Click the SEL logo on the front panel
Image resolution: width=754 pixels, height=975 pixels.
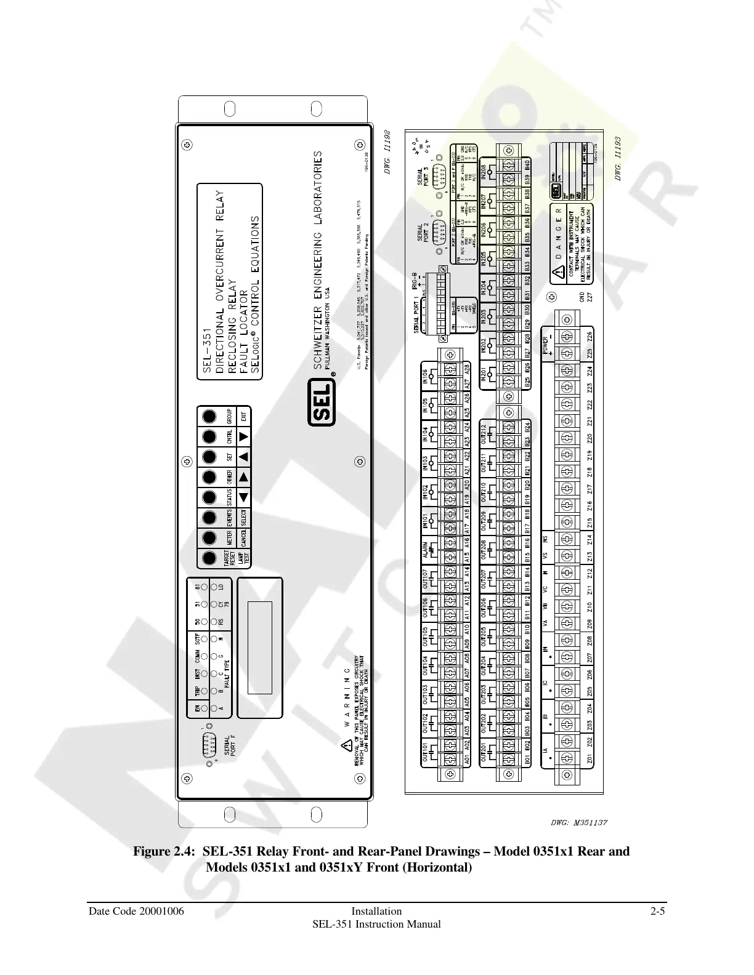click(x=322, y=403)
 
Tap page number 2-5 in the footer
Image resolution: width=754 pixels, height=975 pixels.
click(x=657, y=911)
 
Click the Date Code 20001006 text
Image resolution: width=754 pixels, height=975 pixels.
click(x=136, y=911)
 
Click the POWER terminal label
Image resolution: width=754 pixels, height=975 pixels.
click(x=545, y=343)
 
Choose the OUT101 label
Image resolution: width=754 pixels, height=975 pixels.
click(x=425, y=750)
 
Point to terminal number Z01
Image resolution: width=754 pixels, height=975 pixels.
click(x=590, y=759)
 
